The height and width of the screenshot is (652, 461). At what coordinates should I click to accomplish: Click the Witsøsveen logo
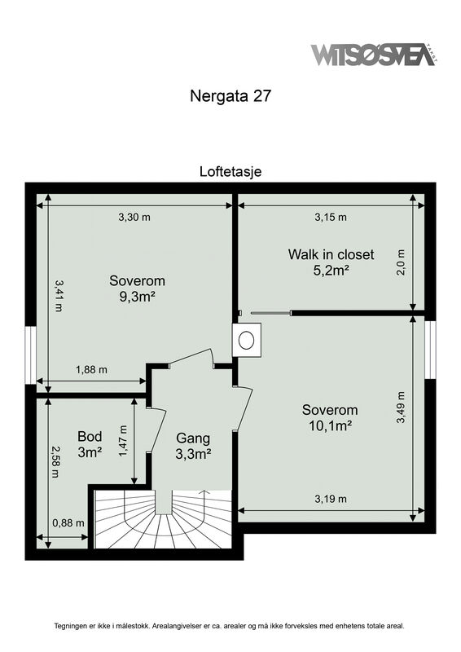[x=374, y=54]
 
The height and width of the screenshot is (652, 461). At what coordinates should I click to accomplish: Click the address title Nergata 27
[x=230, y=96]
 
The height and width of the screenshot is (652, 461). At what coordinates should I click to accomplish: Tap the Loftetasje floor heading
[x=230, y=171]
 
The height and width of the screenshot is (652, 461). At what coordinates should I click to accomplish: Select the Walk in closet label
[x=331, y=254]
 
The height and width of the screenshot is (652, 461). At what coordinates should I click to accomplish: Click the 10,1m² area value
[x=331, y=425]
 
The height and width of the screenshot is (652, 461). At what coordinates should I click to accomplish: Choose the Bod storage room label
[x=90, y=436]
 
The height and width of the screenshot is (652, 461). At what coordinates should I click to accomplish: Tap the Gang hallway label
[x=193, y=438]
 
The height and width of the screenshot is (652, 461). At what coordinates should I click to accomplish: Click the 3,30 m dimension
[x=134, y=217]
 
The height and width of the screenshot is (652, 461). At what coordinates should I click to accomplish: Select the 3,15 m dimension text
[x=331, y=217]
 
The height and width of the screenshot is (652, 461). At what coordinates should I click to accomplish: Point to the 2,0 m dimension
[x=401, y=262]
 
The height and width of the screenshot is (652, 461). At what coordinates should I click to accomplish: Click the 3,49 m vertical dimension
[x=401, y=407]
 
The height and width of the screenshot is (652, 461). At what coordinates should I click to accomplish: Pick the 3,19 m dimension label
[x=331, y=499]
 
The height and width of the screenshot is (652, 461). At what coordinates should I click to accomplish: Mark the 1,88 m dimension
[x=91, y=369]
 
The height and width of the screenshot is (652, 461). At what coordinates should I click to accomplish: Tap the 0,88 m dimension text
[x=68, y=522]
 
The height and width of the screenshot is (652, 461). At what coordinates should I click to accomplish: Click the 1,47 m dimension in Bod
[x=123, y=441]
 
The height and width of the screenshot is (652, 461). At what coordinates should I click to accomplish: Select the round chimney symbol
[x=247, y=340]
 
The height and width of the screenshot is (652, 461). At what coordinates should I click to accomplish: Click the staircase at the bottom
[x=163, y=519]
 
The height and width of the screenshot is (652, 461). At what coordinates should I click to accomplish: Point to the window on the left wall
[x=30, y=355]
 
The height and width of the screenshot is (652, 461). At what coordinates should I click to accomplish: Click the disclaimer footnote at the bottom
[x=229, y=626]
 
